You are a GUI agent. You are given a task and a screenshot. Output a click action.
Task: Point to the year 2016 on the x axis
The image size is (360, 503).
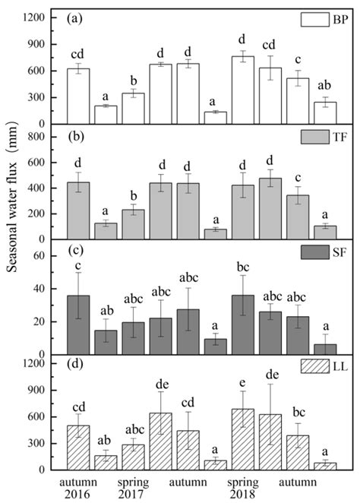pyautogui.click(x=79, y=494)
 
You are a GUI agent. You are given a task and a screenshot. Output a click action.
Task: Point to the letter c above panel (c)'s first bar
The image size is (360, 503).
pyautogui.click(x=79, y=264)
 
